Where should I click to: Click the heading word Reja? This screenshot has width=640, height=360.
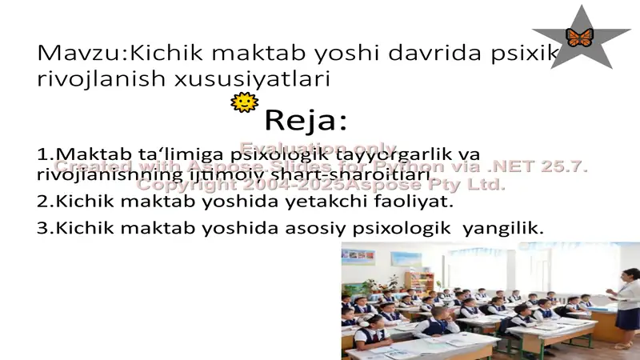306,121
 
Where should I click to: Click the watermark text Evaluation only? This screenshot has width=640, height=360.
318,148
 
